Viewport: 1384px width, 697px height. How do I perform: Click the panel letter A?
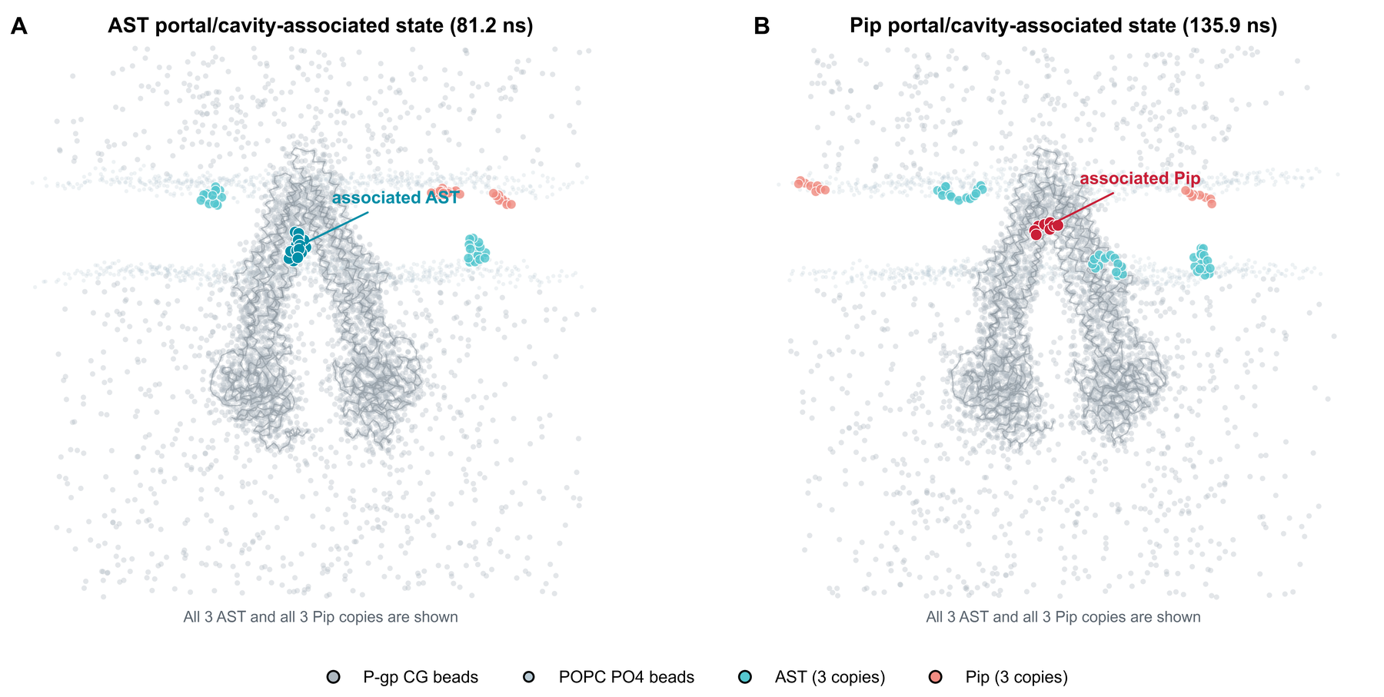[19, 27]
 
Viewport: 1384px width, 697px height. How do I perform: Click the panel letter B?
[762, 27]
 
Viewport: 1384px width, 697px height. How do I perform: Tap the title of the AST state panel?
[321, 26]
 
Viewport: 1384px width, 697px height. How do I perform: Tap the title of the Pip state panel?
[1063, 26]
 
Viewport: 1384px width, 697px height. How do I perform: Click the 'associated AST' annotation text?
[395, 197]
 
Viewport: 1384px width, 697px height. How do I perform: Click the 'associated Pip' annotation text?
[1140, 178]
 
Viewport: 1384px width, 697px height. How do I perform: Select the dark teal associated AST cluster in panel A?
[297, 246]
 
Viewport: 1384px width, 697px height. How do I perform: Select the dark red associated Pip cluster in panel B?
[1046, 227]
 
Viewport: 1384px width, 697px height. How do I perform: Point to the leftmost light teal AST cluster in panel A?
[211, 196]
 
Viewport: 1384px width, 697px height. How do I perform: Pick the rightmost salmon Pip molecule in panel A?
[502, 199]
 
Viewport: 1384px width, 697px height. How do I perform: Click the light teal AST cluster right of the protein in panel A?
[476, 250]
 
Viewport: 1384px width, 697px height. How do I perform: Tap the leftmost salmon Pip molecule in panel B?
[812, 186]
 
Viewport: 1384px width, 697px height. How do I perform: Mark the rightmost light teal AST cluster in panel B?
[1202, 261]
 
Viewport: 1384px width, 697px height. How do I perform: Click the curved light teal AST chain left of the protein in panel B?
[960, 192]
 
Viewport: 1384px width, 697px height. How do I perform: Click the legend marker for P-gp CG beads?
[333, 677]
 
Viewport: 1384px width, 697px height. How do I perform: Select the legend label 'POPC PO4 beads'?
[627, 677]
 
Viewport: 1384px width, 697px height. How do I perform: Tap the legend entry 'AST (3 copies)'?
[813, 677]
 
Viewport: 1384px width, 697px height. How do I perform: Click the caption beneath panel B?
[1063, 617]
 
